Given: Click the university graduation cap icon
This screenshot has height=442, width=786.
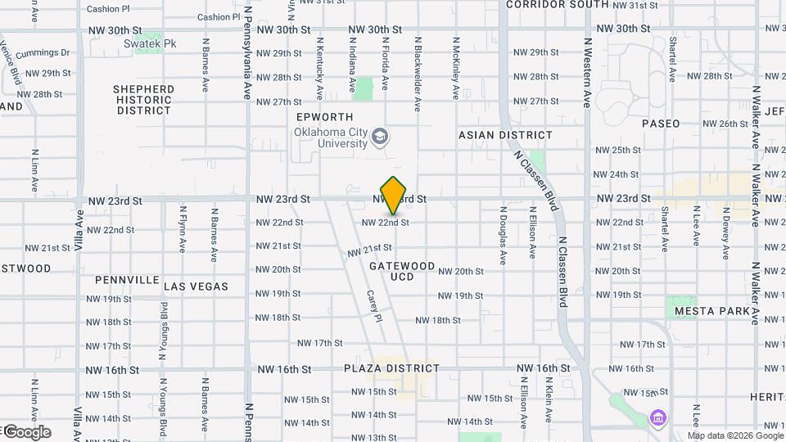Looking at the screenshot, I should coord(380,136).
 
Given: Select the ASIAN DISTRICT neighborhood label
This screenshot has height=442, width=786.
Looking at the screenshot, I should coord(505,135).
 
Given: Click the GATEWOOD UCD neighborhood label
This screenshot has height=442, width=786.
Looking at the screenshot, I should coord(402,272).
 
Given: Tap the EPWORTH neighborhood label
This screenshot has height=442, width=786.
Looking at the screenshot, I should coord(325,118).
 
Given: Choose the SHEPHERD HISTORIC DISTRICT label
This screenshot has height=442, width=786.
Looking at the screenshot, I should coord(143,100).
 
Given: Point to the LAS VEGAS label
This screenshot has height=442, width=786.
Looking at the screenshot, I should coord(196,286).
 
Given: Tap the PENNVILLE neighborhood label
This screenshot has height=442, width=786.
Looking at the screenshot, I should coord(127,280).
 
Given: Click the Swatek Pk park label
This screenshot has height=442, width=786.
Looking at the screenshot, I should coord(144,43).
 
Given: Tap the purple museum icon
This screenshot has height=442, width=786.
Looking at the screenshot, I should coord(656,418).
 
